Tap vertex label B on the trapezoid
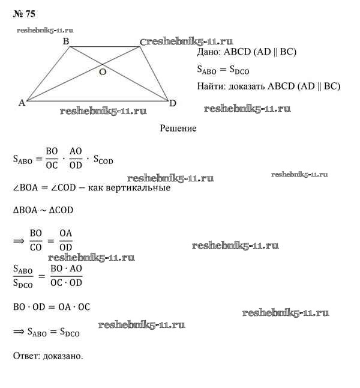[65, 41]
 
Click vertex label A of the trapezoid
[22, 103]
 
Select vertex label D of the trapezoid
[173, 103]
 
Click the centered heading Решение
[178, 128]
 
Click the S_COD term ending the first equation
[101, 160]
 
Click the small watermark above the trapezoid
[46, 29]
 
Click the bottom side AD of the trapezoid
[96, 101]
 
